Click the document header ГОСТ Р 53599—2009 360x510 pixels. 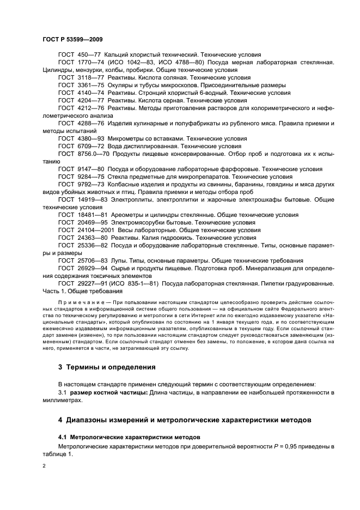pos(72,40)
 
